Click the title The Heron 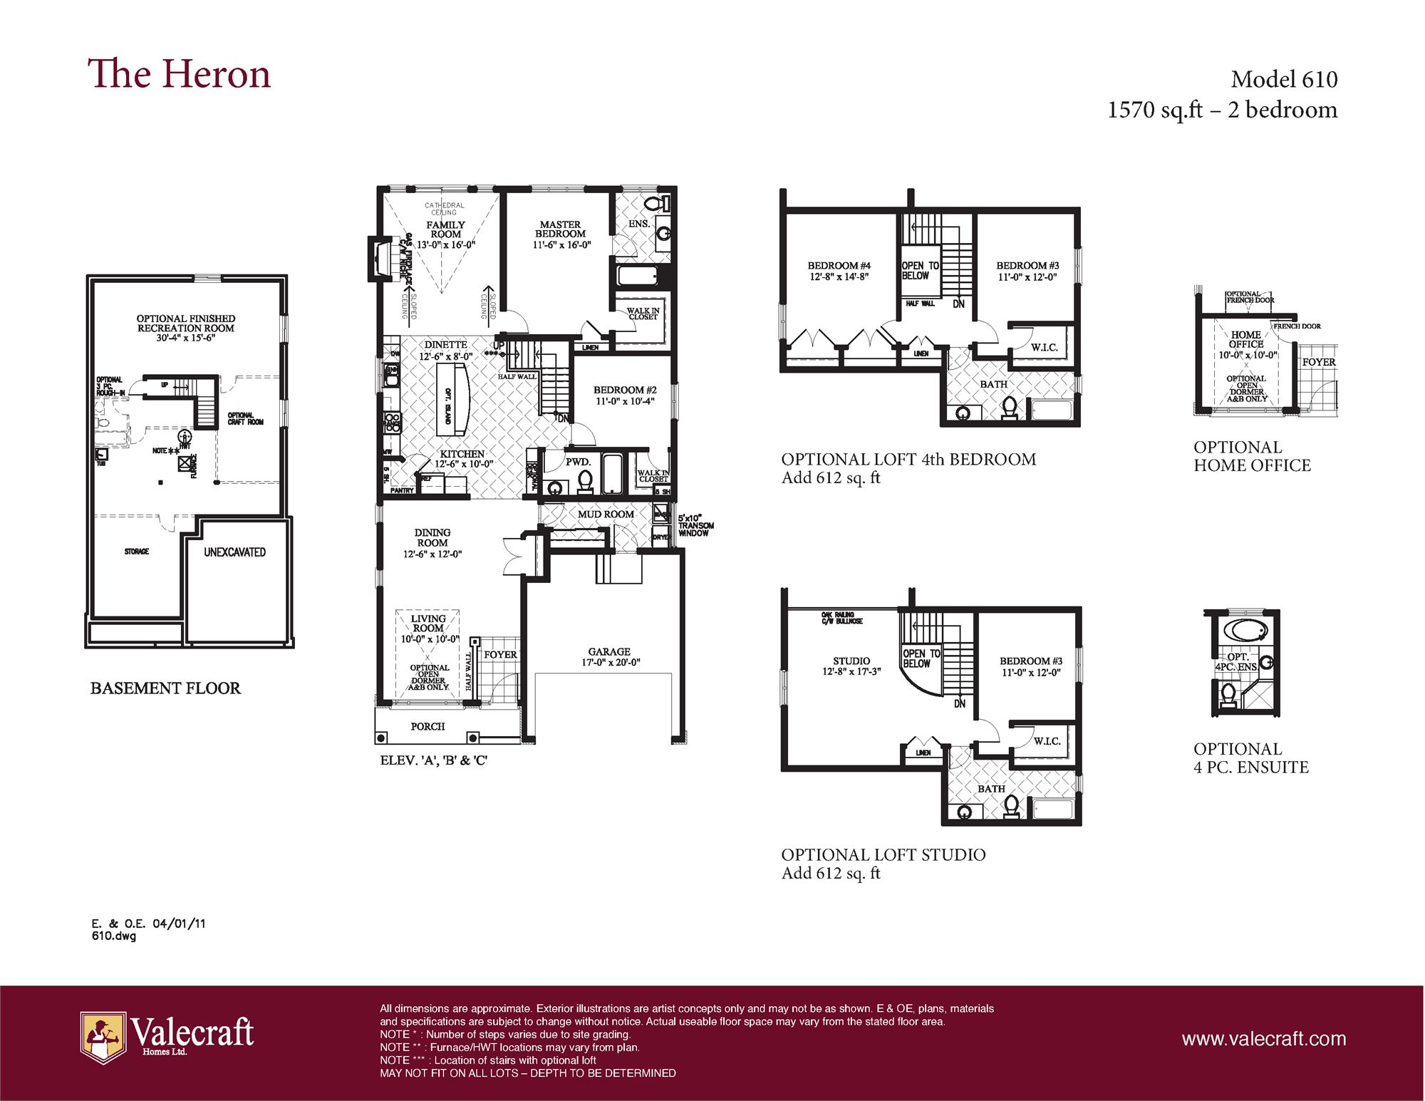tap(179, 75)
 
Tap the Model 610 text tap(1284, 79)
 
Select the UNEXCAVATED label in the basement tap(234, 552)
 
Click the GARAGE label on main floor tap(609, 651)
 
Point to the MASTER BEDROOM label tap(560, 229)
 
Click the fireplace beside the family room tap(377, 258)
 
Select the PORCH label tap(427, 726)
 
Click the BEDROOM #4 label tap(839, 266)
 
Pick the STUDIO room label tap(851, 661)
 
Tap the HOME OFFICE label tap(1245, 339)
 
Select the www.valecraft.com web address tap(1263, 1039)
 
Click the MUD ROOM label tap(606, 514)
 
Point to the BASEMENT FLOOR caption tap(165, 688)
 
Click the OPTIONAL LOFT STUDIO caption tap(883, 854)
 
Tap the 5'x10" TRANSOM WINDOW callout tap(695, 526)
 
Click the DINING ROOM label tap(432, 537)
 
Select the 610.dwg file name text tap(113, 936)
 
